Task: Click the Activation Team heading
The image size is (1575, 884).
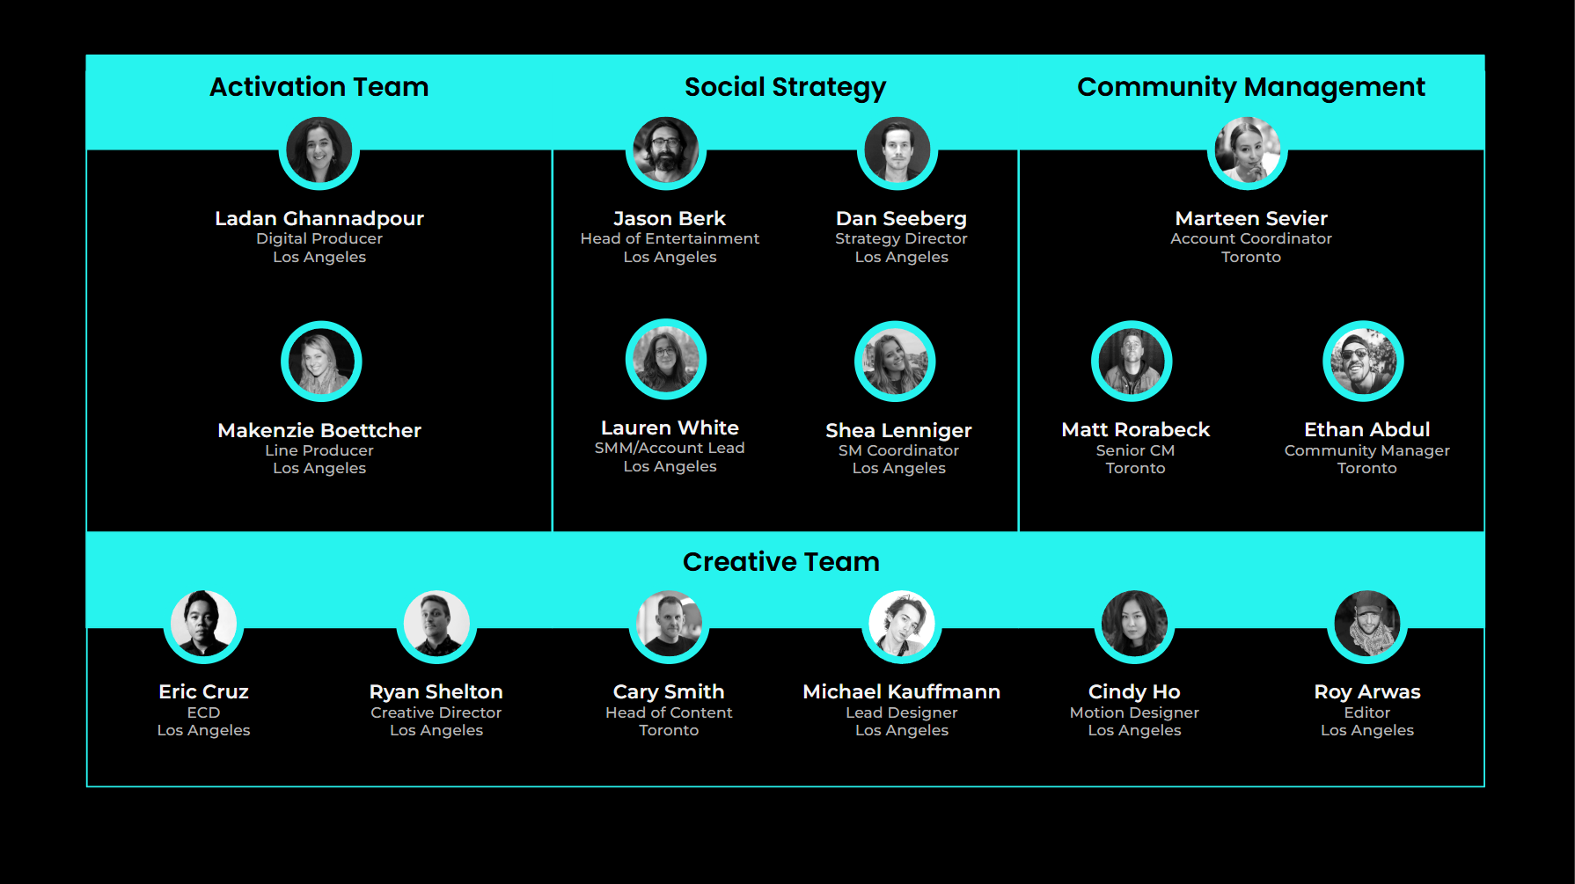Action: point(319,87)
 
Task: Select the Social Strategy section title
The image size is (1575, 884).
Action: point(785,87)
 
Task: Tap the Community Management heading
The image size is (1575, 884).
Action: point(1250,87)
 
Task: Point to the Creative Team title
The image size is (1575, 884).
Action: point(780,562)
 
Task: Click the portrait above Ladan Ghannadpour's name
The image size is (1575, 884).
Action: point(319,151)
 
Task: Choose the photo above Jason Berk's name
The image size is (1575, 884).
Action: point(666,150)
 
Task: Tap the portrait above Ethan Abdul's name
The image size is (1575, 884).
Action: point(1363,361)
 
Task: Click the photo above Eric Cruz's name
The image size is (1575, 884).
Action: point(203,624)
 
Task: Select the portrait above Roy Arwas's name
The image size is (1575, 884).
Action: point(1366,625)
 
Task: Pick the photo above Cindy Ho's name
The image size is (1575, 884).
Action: point(1134,625)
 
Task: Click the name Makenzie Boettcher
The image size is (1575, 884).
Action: point(319,430)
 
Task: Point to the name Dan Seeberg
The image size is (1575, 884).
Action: point(901,218)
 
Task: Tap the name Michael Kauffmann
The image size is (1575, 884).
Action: point(901,691)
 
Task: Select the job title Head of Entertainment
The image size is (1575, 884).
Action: point(670,238)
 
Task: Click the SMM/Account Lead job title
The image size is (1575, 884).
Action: point(670,448)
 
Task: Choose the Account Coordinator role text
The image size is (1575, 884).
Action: point(1250,238)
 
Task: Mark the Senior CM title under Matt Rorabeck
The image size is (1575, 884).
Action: point(1135,450)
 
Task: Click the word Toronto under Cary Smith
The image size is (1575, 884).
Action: point(669,730)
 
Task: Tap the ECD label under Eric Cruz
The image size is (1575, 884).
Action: point(203,712)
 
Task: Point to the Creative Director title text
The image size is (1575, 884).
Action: point(436,712)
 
